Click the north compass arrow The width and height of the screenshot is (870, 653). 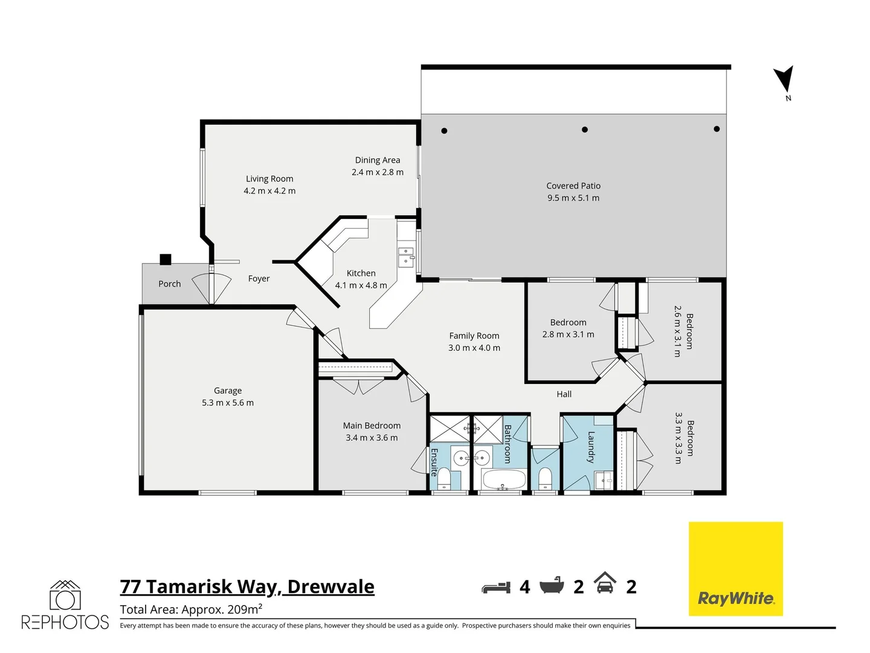[784, 79]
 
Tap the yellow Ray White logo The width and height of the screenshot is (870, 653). [735, 568]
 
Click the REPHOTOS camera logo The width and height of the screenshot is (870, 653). [65, 597]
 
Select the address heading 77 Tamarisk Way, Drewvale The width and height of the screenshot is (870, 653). [247, 586]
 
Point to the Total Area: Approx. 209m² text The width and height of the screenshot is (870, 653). [191, 609]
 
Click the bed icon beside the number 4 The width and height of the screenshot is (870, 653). [496, 587]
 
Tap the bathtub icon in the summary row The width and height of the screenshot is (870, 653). [552, 585]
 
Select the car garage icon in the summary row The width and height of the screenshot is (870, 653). [605, 583]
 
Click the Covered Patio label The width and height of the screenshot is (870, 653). [573, 186]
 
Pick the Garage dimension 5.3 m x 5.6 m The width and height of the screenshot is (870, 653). [228, 403]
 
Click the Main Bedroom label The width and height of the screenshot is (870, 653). [372, 426]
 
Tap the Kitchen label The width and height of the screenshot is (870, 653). [361, 273]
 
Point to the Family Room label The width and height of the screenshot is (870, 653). [474, 336]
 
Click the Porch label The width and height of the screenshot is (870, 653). [169, 284]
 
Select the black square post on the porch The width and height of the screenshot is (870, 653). [165, 259]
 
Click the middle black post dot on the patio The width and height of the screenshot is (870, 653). [584, 129]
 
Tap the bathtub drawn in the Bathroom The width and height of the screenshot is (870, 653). [503, 481]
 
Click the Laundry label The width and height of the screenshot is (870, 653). [591, 447]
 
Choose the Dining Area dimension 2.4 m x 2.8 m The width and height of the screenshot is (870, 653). [378, 172]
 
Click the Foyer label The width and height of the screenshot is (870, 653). [259, 279]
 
